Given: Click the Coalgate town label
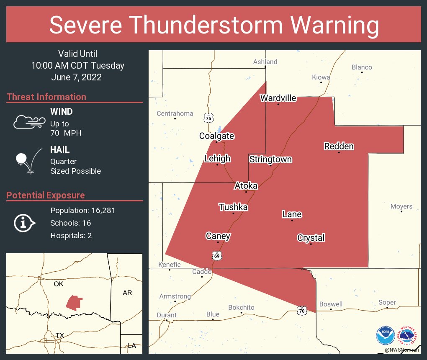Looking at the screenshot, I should click(x=216, y=136).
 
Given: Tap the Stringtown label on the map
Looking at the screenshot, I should click(x=270, y=159).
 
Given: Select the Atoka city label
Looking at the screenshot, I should click(x=246, y=185).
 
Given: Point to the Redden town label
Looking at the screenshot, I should click(x=339, y=146).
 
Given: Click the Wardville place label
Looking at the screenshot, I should click(x=278, y=98).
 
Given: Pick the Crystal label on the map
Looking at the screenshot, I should click(x=311, y=238).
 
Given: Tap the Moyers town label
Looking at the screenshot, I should click(x=401, y=206).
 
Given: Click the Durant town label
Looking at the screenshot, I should click(x=167, y=315).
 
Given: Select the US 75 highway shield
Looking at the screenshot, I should click(x=208, y=118).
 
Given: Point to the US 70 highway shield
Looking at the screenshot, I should click(x=302, y=310).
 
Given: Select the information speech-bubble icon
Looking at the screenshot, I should click(x=25, y=223).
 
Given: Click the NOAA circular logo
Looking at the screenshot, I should click(x=385, y=335).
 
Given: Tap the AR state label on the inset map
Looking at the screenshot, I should click(x=127, y=293).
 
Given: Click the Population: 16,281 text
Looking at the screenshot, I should click(x=82, y=210).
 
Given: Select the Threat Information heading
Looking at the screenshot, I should click(x=46, y=97).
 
